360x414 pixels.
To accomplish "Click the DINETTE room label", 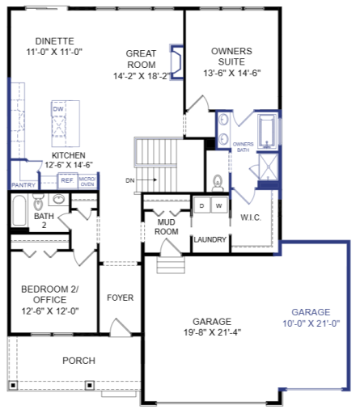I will coord(55,40).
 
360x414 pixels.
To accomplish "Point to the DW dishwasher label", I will coord(57,108).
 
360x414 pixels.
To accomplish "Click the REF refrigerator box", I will coord(66,182).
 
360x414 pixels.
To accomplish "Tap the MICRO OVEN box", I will coord(87,181).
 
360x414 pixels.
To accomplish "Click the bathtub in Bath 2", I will coord(19,213).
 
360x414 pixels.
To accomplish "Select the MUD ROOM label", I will coord(167,226).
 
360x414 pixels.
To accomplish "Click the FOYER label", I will coord(120,298).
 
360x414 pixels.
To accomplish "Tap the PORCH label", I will coord(78,361).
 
